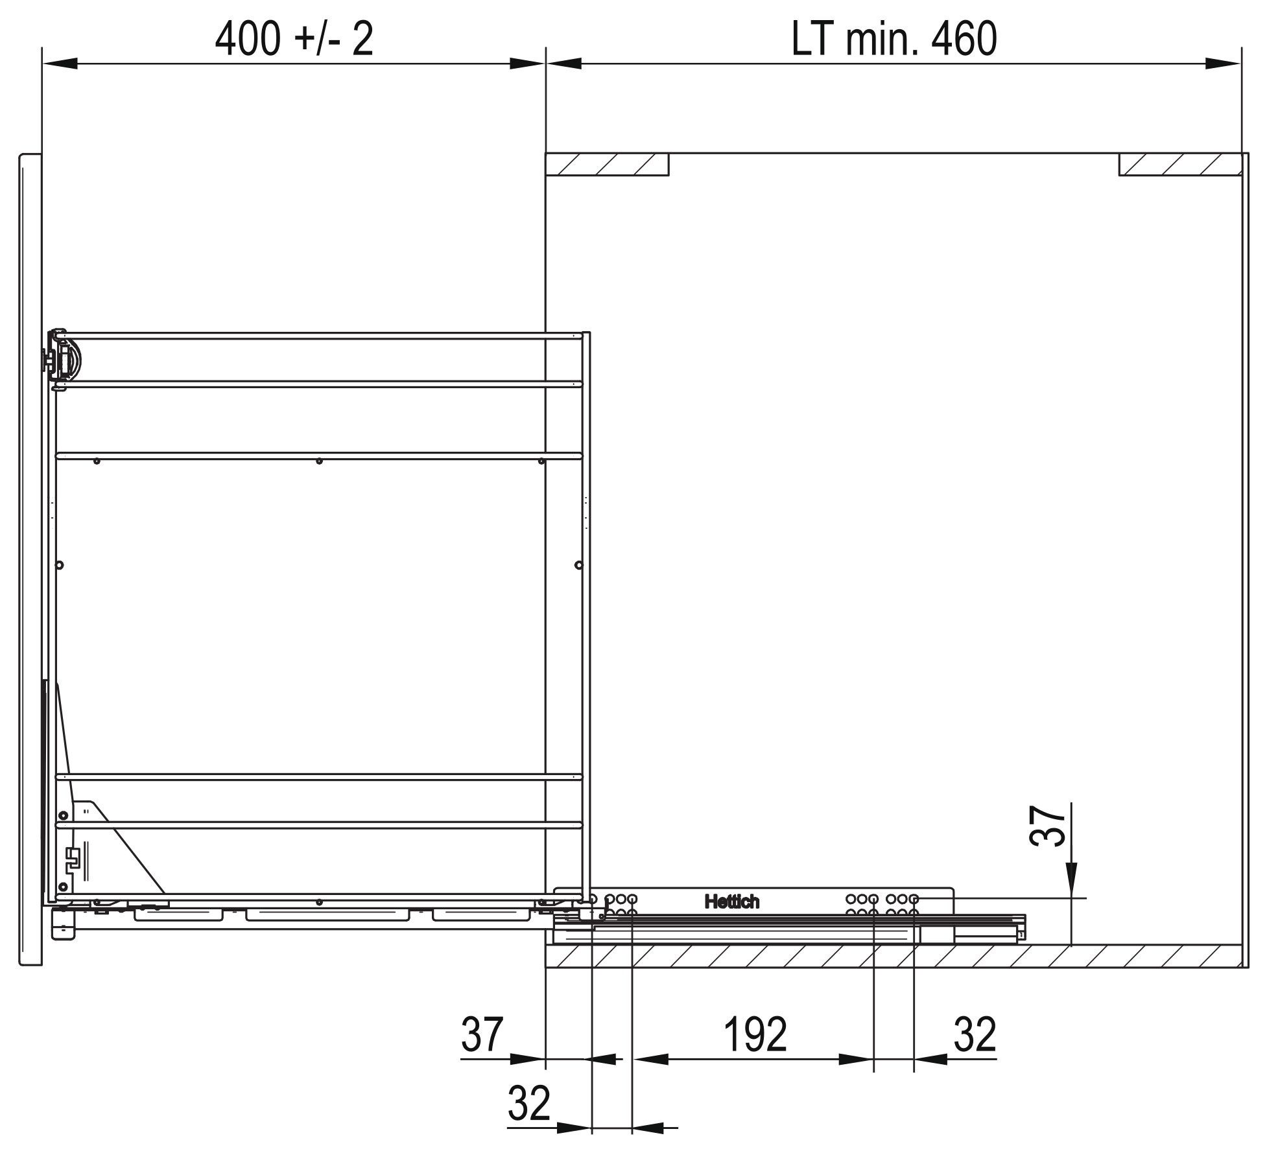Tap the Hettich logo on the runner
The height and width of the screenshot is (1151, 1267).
(731, 901)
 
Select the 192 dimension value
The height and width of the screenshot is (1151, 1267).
(755, 1034)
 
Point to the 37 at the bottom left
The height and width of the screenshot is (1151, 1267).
(482, 1034)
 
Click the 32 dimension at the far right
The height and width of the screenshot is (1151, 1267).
(975, 1034)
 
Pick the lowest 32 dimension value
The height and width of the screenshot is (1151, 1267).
(529, 1103)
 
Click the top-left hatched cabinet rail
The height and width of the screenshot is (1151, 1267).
(608, 165)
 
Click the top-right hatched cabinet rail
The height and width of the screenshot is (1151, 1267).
(1180, 165)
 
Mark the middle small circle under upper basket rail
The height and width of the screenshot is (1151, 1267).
(318, 461)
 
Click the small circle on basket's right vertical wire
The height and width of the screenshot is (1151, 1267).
(579, 565)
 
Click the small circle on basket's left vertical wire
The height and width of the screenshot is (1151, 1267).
(60, 565)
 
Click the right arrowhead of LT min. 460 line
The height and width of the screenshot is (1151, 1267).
(1223, 64)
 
